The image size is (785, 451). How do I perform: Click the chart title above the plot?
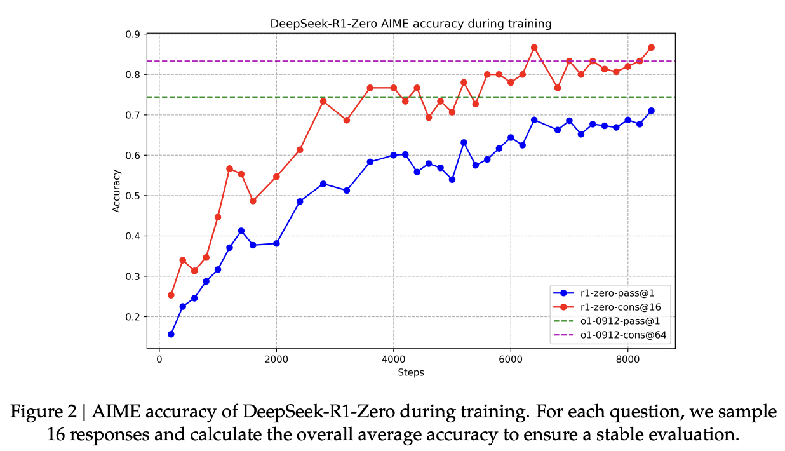[411, 24]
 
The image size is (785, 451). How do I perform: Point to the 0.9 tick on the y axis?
[134, 34]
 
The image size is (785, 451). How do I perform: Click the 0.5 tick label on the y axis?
[134, 196]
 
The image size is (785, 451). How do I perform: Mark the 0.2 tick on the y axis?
[134, 317]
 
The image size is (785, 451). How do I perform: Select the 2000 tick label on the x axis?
[276, 359]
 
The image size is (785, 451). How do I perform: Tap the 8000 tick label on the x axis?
[627, 359]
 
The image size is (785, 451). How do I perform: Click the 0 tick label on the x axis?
[159, 359]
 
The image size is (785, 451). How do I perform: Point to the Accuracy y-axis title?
[116, 191]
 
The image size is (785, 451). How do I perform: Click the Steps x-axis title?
[411, 372]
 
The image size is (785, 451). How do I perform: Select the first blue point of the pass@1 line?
[171, 334]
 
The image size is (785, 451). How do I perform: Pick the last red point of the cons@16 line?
[651, 48]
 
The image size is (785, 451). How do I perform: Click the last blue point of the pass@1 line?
[651, 111]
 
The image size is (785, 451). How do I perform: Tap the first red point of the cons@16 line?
[171, 295]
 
